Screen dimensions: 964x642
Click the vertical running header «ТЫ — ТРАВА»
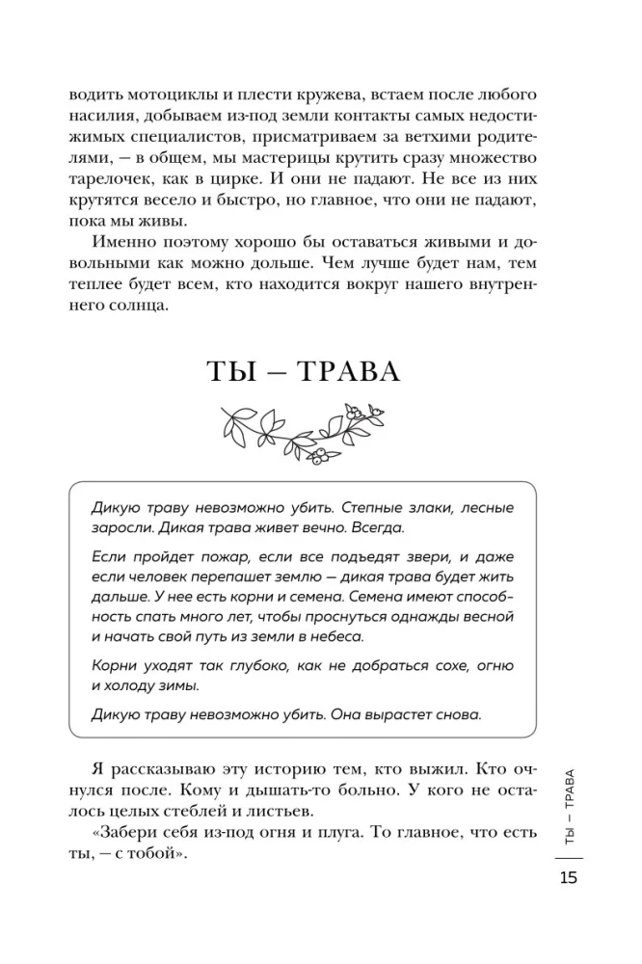click(x=568, y=804)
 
